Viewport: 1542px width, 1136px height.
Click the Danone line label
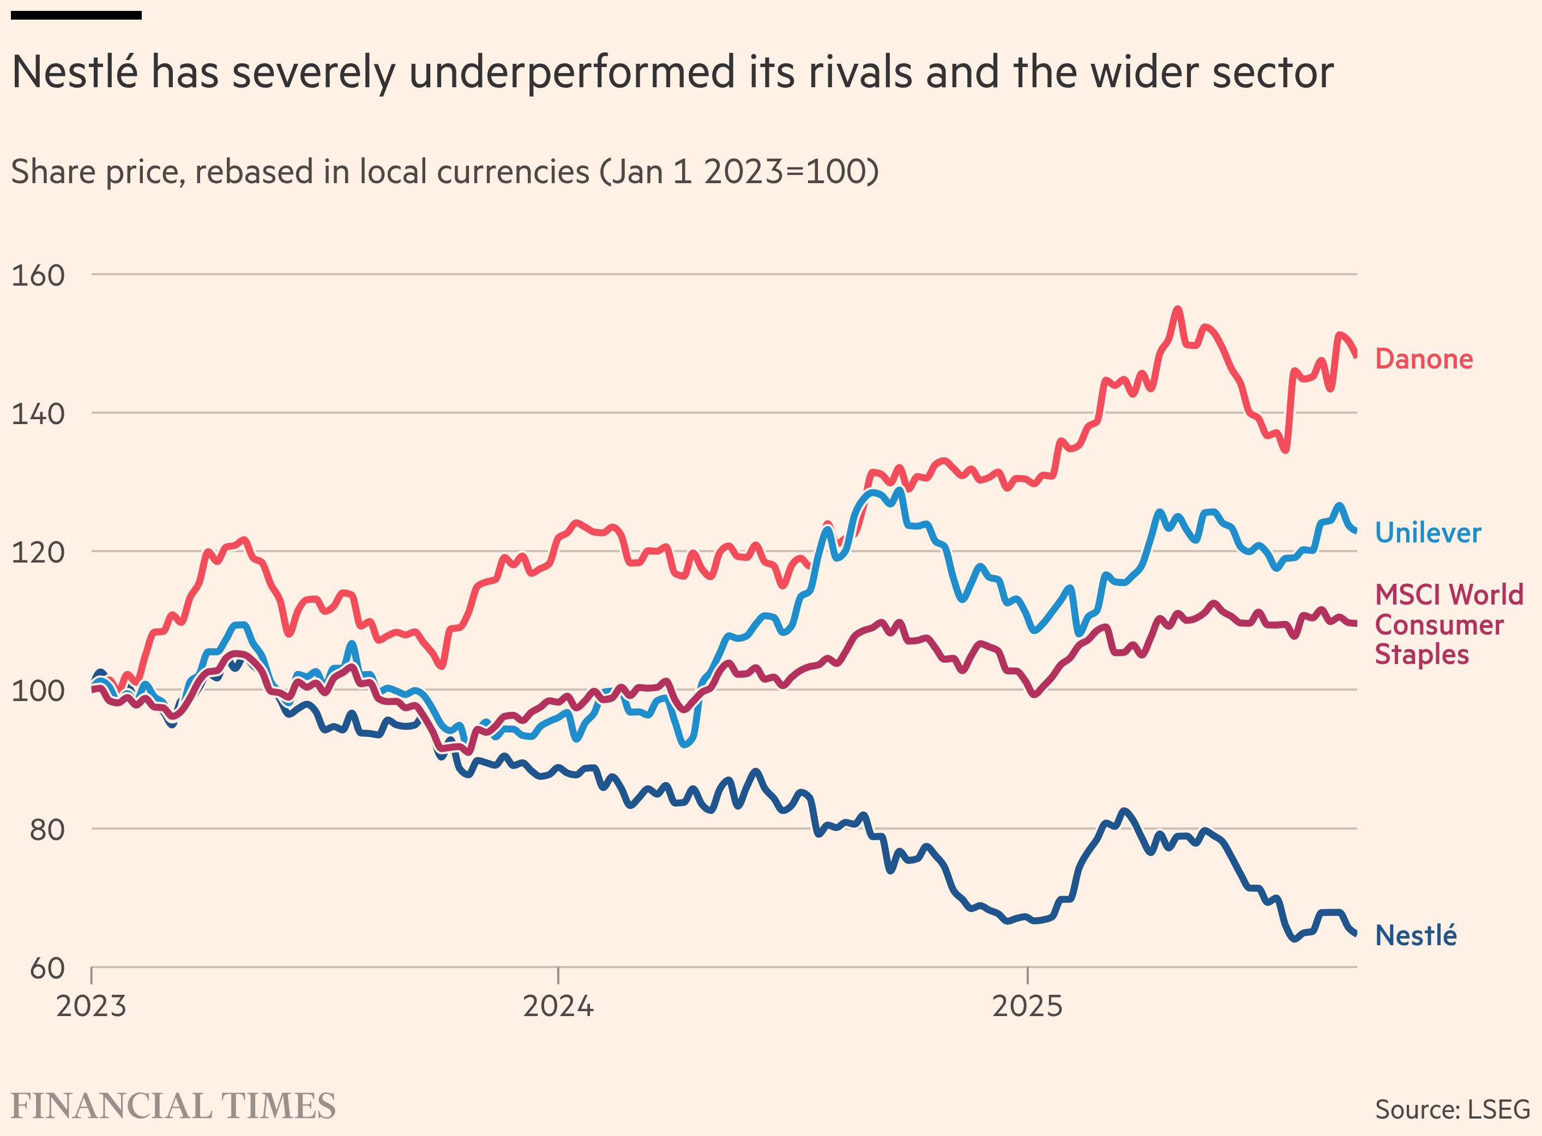point(1423,359)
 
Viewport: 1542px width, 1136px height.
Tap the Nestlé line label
point(1415,935)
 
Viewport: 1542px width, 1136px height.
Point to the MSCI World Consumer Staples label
point(1448,624)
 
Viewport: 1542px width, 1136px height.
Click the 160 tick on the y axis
point(38,275)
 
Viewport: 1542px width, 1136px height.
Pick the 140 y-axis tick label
point(38,414)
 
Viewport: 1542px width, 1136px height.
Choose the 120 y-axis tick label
point(38,552)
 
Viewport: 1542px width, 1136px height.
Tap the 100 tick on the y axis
point(38,691)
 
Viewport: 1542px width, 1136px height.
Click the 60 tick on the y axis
point(47,968)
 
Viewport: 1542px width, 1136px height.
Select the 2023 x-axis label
point(91,1006)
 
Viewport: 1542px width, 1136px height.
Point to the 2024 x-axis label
point(558,1006)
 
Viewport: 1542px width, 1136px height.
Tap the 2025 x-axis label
point(1027,1006)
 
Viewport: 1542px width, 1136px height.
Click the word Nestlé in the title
point(75,72)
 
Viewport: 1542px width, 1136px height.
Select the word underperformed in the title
point(571,72)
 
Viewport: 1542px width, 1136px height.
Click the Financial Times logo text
point(173,1105)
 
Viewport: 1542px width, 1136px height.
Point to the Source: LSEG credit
point(1452,1109)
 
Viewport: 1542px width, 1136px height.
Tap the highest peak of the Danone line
point(1177,310)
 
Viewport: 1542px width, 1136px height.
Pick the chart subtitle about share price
point(445,171)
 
